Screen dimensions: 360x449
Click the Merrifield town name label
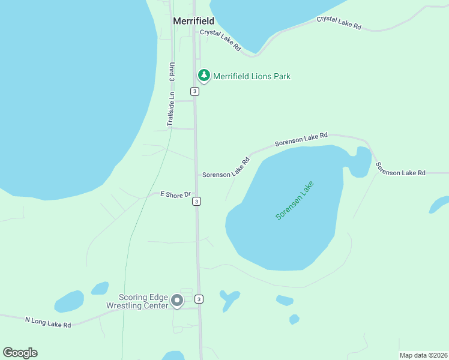tap(193, 21)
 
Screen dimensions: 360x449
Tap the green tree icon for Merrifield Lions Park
tap(204, 75)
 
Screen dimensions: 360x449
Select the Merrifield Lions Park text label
tap(252, 76)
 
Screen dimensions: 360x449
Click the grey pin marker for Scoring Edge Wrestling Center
tap(176, 300)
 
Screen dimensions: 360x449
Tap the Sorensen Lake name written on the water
tap(295, 200)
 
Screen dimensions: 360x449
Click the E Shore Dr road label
tap(175, 194)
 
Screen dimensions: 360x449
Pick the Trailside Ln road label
tap(172, 109)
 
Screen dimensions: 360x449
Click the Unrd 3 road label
tap(172, 72)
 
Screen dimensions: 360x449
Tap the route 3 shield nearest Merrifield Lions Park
tap(194, 91)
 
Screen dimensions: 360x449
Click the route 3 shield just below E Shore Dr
tap(197, 202)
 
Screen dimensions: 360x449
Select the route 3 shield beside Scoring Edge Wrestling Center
tap(199, 299)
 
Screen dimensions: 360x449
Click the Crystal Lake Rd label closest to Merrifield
tap(220, 40)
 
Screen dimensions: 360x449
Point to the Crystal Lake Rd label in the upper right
tap(339, 23)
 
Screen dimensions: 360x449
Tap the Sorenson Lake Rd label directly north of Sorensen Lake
tap(301, 140)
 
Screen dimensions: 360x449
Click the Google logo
tap(20, 353)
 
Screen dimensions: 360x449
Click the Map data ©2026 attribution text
tap(423, 355)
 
